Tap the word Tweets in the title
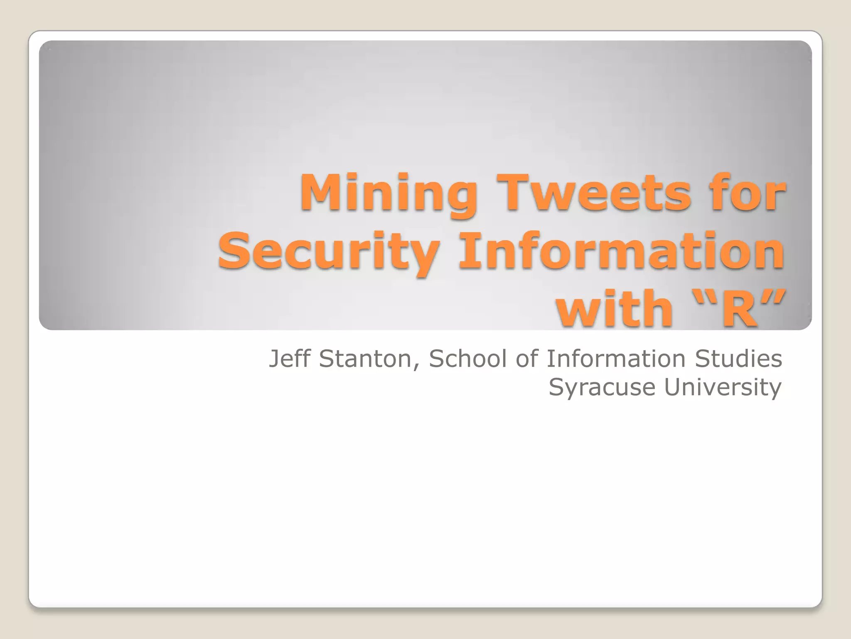point(596,192)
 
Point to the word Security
point(328,252)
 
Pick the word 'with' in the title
point(615,309)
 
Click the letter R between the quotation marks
point(739,309)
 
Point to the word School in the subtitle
point(468,359)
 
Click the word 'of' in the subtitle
point(527,359)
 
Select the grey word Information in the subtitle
point(615,359)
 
